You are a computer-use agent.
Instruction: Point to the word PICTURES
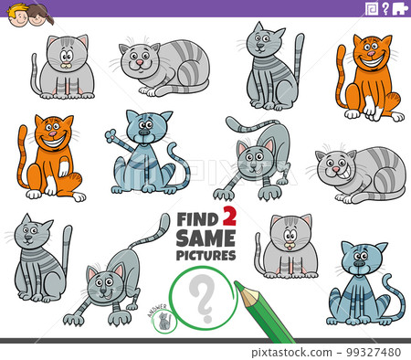(206, 255)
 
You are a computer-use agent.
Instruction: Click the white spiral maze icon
(372, 8)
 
